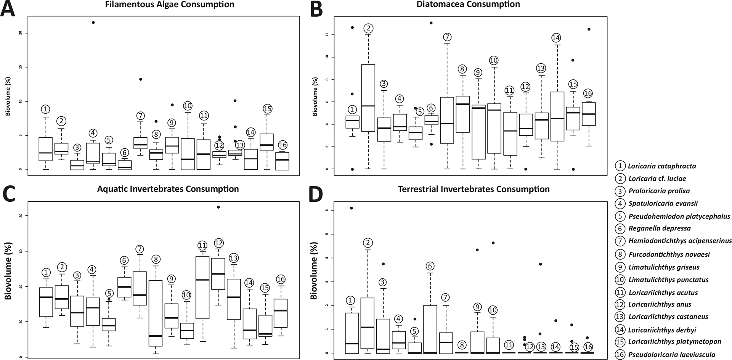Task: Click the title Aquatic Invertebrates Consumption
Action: point(168,189)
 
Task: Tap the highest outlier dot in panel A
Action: point(93,22)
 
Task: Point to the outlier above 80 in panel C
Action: point(218,207)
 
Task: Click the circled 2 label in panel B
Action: point(368,28)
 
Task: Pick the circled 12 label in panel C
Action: point(218,243)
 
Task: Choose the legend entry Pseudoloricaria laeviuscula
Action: point(672,354)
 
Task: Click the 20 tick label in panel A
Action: point(20,33)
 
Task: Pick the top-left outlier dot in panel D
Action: point(352,208)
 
